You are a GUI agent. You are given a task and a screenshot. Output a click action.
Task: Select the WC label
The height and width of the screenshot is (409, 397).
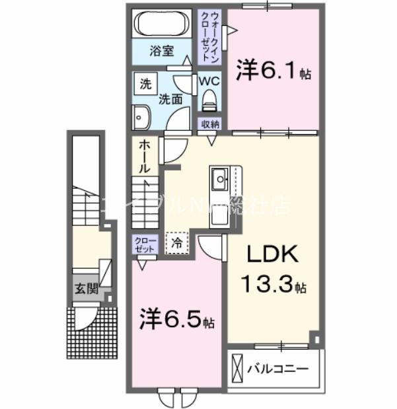click(x=209, y=82)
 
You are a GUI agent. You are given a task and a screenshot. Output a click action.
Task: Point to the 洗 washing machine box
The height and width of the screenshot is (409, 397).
click(x=144, y=84)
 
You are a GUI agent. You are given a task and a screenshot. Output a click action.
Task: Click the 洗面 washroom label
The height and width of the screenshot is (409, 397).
click(x=170, y=100)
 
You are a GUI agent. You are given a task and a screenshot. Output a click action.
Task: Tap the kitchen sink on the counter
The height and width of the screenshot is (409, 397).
click(x=220, y=177)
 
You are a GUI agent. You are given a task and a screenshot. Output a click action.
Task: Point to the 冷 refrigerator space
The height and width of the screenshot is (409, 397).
click(x=176, y=242)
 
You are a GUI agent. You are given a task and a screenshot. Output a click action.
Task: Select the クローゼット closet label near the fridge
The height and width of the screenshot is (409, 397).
click(x=143, y=244)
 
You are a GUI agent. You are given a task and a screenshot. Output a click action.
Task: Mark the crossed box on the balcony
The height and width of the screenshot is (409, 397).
click(x=238, y=367)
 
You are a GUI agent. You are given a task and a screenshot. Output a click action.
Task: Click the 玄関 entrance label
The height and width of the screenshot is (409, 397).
click(x=85, y=288)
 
